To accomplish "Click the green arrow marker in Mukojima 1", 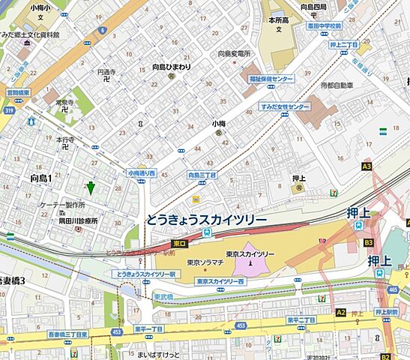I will (91, 188).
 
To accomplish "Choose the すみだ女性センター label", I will (286, 107).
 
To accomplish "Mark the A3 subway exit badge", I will (367, 166).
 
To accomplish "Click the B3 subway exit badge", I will (368, 243).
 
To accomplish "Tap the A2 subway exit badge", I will (341, 312).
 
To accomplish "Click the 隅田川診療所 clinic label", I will (79, 221).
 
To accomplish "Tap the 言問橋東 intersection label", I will (16, 93).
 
